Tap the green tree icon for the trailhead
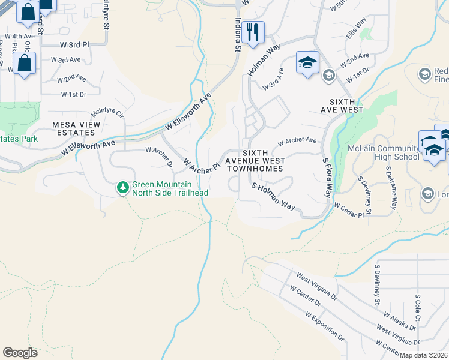point(123,188)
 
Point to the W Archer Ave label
point(297,142)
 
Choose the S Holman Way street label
point(273,197)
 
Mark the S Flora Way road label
point(327,178)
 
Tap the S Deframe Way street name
point(391,188)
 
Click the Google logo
point(20,352)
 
